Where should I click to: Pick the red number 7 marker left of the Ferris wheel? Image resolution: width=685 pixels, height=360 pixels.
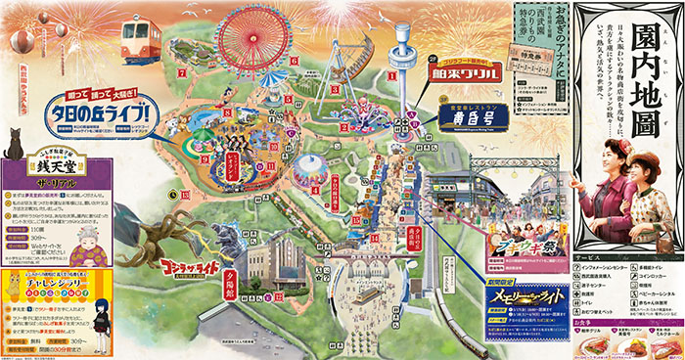(x=182, y=73)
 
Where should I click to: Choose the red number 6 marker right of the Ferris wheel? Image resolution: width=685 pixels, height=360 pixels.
(x=293, y=61)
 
